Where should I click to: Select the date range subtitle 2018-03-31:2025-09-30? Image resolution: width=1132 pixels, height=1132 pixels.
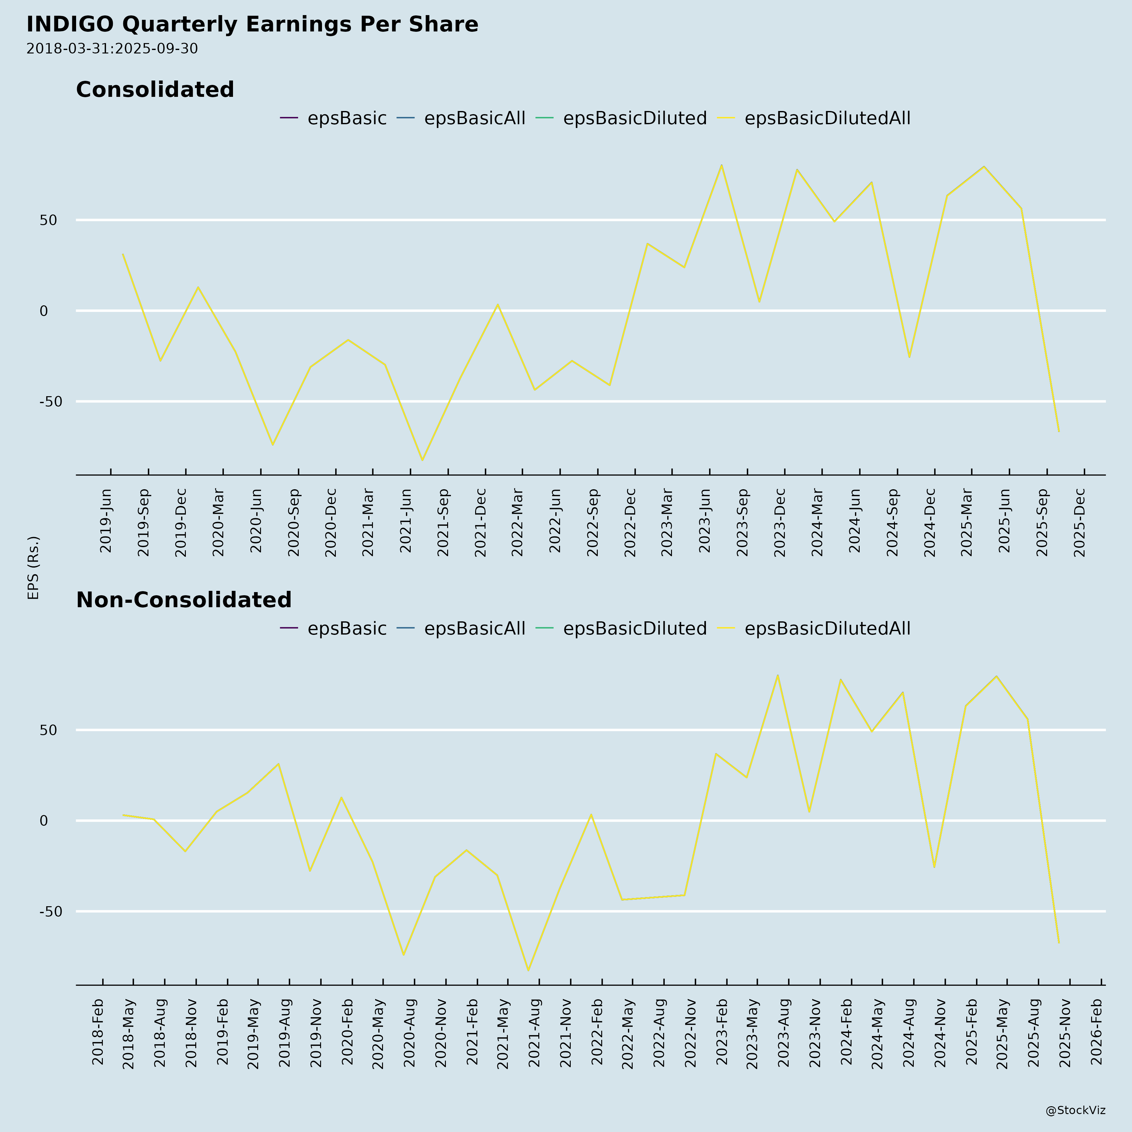click(112, 49)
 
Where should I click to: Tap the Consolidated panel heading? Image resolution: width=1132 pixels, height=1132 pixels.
click(155, 90)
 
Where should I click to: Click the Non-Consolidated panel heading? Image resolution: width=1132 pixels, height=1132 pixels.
click(183, 600)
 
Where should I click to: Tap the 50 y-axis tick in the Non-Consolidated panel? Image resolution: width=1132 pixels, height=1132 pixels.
click(49, 730)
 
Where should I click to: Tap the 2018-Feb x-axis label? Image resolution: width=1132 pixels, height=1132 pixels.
click(98, 1032)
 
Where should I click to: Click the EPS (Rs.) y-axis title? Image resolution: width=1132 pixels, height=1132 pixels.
click(33, 567)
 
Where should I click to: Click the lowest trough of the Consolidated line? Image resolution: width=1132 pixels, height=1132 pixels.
click(422, 460)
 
